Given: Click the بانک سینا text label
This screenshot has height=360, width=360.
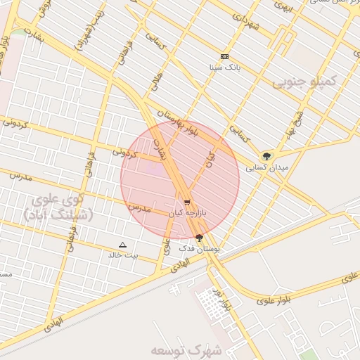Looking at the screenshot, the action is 225,68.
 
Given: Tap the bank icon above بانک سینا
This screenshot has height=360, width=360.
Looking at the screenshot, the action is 225,56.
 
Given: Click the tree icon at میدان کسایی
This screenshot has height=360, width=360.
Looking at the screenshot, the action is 266,156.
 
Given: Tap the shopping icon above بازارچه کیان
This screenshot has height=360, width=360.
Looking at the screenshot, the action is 186,202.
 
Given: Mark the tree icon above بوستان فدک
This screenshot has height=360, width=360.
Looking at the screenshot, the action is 200,238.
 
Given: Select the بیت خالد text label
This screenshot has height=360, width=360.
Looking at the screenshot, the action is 122,255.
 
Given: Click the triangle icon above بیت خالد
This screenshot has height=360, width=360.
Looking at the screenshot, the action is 123,245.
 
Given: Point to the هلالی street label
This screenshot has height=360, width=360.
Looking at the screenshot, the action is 157,84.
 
